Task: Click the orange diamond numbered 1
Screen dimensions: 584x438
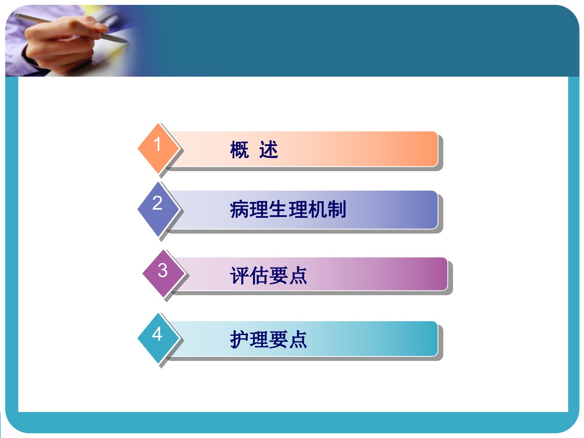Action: (158, 148)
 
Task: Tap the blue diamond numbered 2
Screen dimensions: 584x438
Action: (158, 209)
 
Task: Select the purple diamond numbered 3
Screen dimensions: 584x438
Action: (163, 273)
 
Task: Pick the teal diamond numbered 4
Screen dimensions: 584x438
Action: (158, 338)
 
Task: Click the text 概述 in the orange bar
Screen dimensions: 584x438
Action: (254, 150)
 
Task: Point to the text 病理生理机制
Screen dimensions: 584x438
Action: (288, 209)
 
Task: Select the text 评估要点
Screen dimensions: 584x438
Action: (268, 275)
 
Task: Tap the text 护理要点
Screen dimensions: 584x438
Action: (268, 339)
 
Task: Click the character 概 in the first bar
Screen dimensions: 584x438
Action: (239, 150)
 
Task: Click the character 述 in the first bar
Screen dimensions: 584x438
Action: (269, 150)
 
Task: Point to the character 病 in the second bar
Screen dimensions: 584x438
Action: (239, 209)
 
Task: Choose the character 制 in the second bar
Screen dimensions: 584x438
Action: (337, 209)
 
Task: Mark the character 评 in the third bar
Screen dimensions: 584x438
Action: (239, 275)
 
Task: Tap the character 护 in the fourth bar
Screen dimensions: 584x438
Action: (239, 339)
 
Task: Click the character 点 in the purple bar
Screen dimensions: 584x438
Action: (298, 275)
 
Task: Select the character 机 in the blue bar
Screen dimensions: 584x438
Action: (318, 209)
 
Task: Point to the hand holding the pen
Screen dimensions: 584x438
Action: (61, 44)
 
